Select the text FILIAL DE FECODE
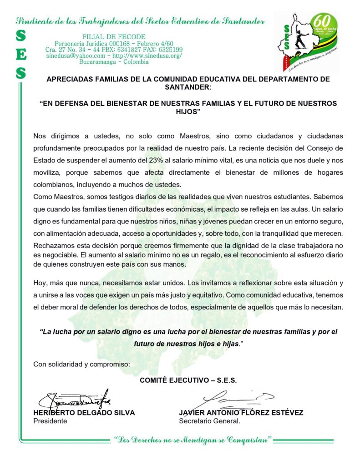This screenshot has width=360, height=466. [x=114, y=36]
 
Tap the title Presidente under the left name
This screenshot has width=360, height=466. [x=50, y=421]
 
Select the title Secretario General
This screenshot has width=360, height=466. [x=209, y=421]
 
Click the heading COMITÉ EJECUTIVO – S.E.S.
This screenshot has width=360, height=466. [x=188, y=380]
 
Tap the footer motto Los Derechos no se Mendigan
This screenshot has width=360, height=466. [x=193, y=440]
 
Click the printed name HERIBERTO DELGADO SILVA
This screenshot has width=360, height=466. [x=84, y=413]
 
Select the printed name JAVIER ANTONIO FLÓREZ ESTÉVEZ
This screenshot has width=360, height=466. [x=241, y=413]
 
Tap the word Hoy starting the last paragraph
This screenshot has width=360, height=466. [x=40, y=283]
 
